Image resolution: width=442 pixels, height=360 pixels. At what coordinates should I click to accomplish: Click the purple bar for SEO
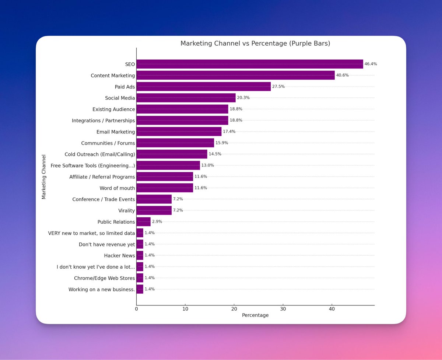(x=250, y=64)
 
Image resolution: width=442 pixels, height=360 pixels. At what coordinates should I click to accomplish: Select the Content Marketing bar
(x=236, y=76)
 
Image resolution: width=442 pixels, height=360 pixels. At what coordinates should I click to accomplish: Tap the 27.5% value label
(x=278, y=87)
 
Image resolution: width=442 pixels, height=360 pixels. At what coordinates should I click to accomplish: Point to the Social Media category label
(x=120, y=98)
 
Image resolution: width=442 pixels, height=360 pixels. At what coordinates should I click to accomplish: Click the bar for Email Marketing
(x=179, y=132)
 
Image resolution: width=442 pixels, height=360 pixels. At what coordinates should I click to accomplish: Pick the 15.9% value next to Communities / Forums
(x=222, y=143)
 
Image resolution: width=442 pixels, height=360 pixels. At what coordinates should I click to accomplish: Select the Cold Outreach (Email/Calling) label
(x=100, y=154)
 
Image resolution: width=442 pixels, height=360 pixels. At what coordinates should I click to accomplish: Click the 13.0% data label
(x=208, y=165)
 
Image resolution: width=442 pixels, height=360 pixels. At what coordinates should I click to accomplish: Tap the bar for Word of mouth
(x=165, y=188)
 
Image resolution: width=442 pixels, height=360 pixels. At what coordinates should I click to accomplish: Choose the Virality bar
(x=154, y=210)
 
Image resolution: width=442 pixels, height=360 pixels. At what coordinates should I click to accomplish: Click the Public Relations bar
(x=143, y=222)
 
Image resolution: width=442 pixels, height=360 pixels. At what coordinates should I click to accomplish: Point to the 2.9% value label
(x=157, y=222)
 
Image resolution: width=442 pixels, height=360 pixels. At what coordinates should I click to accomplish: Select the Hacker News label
(x=120, y=255)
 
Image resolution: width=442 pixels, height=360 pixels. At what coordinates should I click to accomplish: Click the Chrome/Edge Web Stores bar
(x=140, y=278)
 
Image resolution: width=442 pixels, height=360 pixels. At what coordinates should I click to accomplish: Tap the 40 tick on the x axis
(x=332, y=309)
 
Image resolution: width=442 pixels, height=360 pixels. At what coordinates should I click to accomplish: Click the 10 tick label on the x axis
(x=185, y=309)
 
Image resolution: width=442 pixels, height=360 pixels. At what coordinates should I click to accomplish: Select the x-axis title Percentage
(x=255, y=315)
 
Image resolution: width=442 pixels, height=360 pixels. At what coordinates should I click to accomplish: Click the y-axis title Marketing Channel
(x=44, y=177)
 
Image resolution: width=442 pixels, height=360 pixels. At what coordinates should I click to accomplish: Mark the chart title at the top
(x=255, y=43)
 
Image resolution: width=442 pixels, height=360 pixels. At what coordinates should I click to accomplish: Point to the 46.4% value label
(x=371, y=64)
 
